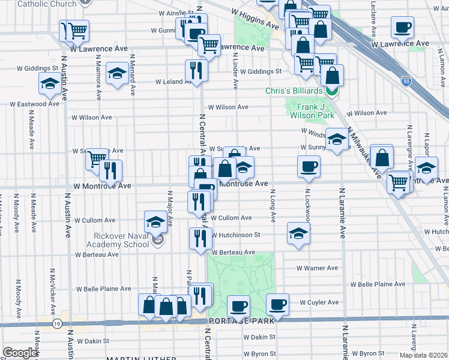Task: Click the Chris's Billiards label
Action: pos(294,91)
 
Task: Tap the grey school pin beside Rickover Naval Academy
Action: pos(158,241)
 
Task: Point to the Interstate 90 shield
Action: pos(406,80)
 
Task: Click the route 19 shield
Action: pos(57,323)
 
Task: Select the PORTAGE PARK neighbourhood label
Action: pos(241,321)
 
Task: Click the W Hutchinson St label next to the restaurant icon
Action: pos(235,235)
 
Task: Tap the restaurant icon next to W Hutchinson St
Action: pos(200,238)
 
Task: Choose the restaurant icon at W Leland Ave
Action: pos(196,70)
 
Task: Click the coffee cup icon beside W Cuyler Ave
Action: pos(277,304)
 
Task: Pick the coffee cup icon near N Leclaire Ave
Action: pos(402,27)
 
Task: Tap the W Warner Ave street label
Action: pos(318,268)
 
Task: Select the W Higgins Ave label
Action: pos(255,19)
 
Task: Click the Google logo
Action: pos(20,352)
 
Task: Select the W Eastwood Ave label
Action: pos(34,104)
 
